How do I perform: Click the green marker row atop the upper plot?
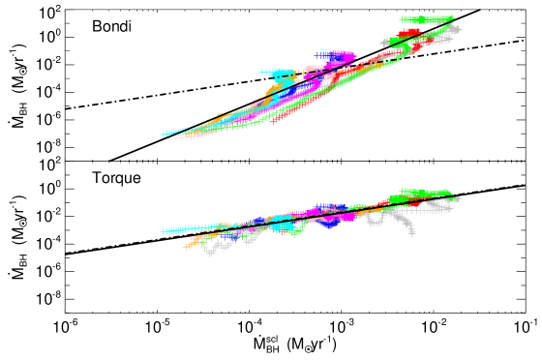426,19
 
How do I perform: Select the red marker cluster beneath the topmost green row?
408,34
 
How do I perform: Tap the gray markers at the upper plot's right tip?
453,30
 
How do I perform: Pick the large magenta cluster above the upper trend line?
341,57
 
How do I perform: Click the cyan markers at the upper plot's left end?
170,133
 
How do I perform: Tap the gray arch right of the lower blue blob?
376,220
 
